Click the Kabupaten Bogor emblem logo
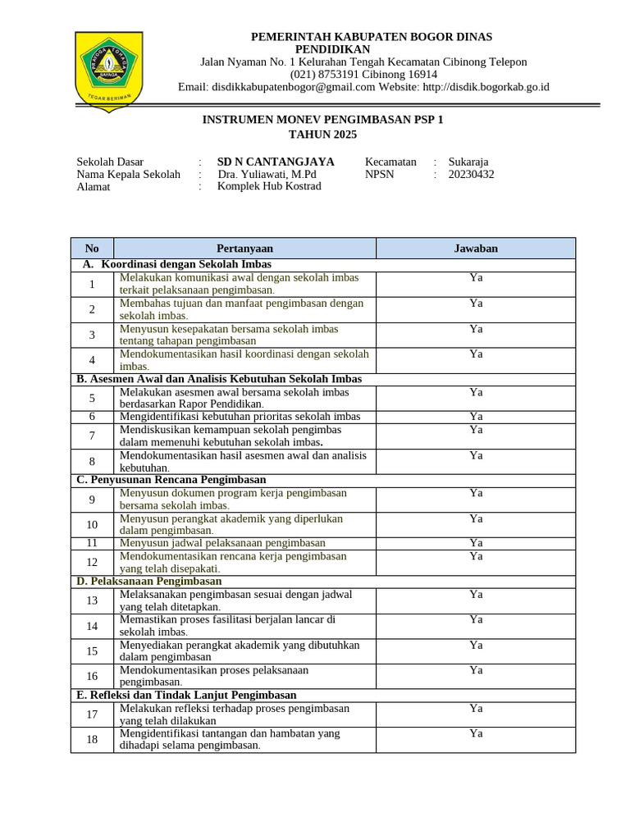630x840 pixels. pos(108,70)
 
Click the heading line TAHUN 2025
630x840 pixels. pos(322,135)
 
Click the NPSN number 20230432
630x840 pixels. pos(472,174)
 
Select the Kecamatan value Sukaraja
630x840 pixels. pos(468,162)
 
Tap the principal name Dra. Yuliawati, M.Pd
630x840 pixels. pos(267,174)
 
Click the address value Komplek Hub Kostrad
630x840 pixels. pos(269,186)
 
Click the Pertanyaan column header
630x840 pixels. pos(244,248)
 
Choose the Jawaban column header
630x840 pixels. pos(476,248)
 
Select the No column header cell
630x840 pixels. pos(92,248)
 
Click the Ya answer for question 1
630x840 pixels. pos(476,278)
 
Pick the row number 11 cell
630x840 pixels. pos(92,543)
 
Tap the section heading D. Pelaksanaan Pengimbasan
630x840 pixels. pos(149,581)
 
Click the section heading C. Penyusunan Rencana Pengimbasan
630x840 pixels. pos(171,479)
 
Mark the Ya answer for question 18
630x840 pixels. pos(476,733)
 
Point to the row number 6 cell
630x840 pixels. pos(92,417)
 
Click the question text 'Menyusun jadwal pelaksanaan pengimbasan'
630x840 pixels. pos(222,543)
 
